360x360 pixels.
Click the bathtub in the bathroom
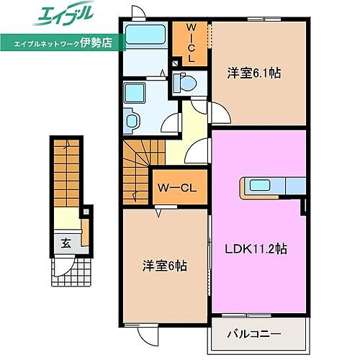tap(145, 36)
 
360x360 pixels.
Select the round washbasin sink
tap(134, 121)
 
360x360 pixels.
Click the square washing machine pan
tap(135, 93)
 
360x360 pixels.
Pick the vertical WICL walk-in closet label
tap(192, 42)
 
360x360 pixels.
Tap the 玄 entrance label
tap(66, 243)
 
